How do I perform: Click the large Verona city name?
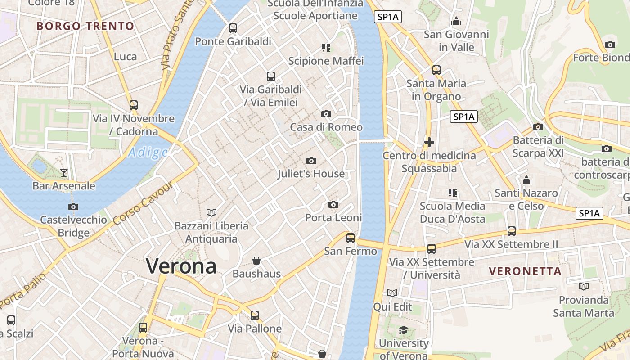(x=181, y=266)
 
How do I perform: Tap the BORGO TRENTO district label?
(x=85, y=26)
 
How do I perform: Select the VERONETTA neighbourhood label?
(x=525, y=271)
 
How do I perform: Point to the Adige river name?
(x=148, y=153)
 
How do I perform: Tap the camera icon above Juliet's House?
(x=311, y=161)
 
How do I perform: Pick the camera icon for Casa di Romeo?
(x=326, y=114)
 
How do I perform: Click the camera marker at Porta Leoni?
(x=333, y=205)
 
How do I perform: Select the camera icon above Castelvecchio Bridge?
(x=73, y=207)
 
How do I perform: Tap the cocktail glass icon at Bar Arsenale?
(x=63, y=172)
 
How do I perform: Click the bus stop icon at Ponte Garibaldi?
(x=233, y=28)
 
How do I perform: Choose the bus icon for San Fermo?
(x=351, y=238)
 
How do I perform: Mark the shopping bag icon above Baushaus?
(x=256, y=261)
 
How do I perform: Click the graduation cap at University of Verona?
(x=403, y=330)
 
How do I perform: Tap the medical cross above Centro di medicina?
(x=429, y=142)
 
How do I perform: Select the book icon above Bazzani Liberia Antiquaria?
(x=211, y=212)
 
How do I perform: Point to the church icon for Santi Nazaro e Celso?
(x=526, y=180)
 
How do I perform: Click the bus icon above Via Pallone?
(x=255, y=315)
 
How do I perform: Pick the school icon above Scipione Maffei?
(x=326, y=47)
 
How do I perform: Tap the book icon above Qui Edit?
(x=392, y=293)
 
